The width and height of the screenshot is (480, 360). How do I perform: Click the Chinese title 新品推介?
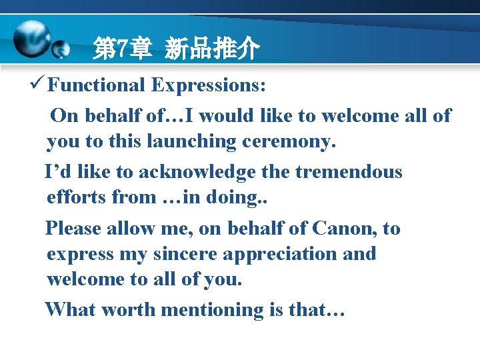pyautogui.click(x=211, y=49)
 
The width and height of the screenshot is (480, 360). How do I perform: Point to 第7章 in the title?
pyautogui.click(x=123, y=49)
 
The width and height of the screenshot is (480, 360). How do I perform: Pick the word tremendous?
pyautogui.click(x=349, y=172)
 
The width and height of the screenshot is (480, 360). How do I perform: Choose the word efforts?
pyautogui.click(x=77, y=198)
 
